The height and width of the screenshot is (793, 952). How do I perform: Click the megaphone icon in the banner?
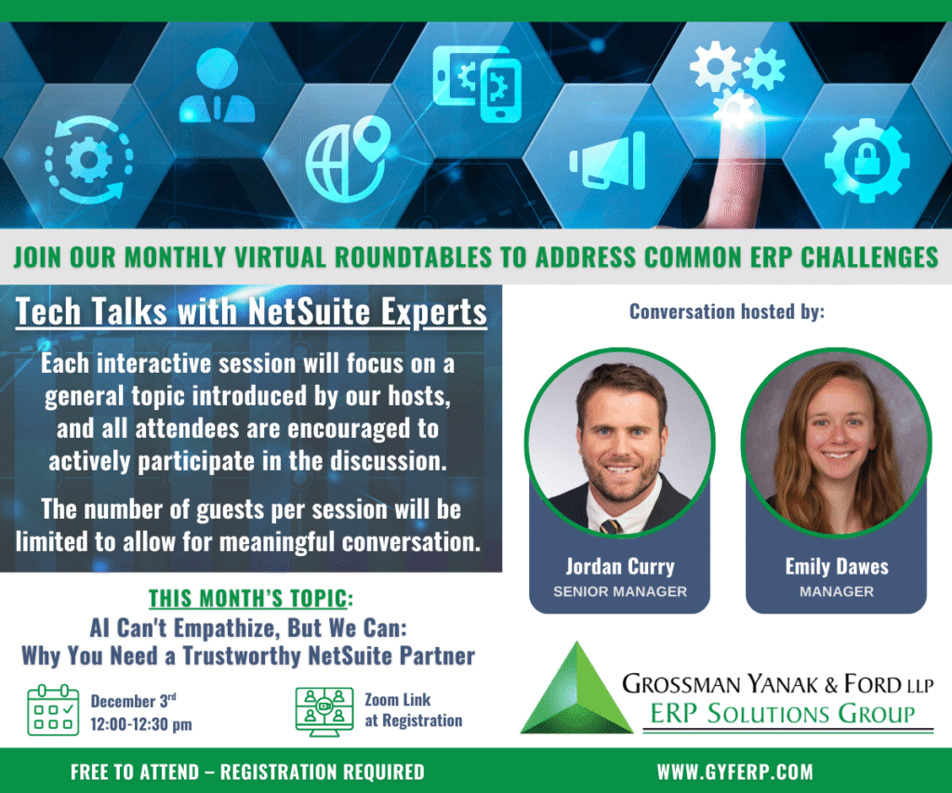point(607,161)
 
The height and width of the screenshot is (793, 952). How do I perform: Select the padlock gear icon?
point(866,160)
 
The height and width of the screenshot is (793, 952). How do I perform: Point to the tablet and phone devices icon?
point(477,83)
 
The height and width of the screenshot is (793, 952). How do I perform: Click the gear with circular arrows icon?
point(88,160)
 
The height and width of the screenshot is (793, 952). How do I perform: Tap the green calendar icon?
point(53,710)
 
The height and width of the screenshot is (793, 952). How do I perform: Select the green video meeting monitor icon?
point(324,711)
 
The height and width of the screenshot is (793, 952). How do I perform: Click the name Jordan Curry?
point(620,566)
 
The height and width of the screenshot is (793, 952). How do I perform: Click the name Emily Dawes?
point(837,566)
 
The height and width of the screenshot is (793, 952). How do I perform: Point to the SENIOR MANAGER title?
point(620,591)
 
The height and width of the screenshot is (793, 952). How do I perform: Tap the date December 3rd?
point(134,700)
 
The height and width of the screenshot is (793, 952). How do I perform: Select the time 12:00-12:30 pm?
point(141,724)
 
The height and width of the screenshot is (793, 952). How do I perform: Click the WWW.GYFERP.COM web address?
point(734,772)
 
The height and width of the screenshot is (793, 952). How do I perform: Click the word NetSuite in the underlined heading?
point(309,311)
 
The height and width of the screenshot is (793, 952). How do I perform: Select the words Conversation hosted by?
point(727,311)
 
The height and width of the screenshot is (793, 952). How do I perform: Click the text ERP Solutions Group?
point(783,713)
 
